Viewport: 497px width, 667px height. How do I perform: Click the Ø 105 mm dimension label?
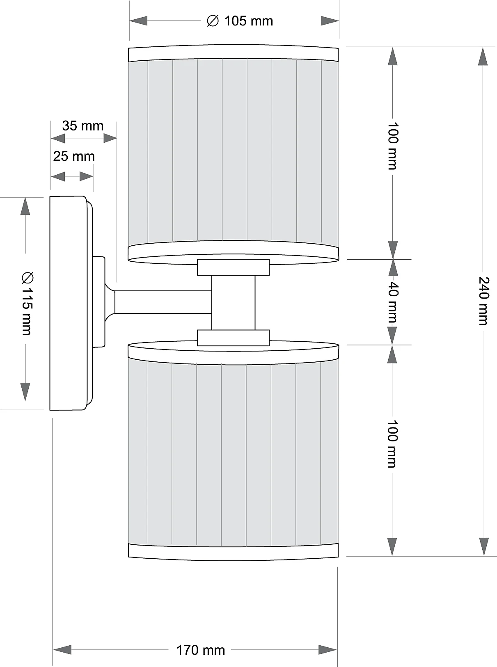point(240,21)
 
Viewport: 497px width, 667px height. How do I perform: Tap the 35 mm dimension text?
point(83,126)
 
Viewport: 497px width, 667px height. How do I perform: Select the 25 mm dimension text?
point(74,156)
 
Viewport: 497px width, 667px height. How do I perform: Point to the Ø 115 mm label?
point(26,304)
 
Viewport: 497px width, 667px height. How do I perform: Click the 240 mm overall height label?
point(484,301)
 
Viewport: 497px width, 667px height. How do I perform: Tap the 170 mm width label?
point(201,650)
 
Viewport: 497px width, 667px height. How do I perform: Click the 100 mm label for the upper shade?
point(393,146)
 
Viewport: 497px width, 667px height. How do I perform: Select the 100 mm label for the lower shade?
point(393,444)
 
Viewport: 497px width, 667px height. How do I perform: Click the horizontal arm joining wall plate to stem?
point(163,302)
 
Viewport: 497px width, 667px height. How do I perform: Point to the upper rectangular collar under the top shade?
point(233,267)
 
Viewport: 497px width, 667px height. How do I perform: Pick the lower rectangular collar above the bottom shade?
point(233,338)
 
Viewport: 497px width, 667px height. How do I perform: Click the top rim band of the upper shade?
point(233,53)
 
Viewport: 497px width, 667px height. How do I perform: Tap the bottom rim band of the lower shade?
point(233,552)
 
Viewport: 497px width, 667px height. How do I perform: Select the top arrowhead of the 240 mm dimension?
point(484,56)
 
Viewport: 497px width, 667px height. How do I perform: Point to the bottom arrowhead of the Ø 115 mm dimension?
point(25,392)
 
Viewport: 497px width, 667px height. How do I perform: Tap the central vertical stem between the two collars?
point(233,302)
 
